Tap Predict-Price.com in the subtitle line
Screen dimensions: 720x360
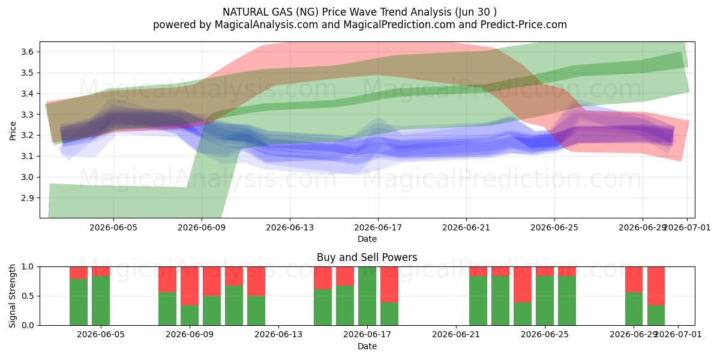pos(524,25)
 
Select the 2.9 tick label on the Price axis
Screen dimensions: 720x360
pos(28,198)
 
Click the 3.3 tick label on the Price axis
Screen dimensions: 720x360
pos(28,115)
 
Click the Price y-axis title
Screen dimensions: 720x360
pos(13,131)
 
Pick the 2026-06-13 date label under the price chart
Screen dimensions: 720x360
pos(290,227)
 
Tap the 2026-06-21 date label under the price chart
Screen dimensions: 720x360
pos(466,227)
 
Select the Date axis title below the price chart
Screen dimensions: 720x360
pos(367,239)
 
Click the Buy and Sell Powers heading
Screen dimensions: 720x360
pos(367,257)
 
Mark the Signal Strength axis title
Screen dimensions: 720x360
pos(13,296)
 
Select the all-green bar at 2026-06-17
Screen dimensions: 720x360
pos(367,296)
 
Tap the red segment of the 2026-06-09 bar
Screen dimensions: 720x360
pos(190,286)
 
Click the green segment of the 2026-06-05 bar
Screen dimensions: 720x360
pos(101,301)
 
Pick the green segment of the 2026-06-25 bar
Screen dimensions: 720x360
pos(545,301)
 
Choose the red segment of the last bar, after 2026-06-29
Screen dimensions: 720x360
pos(656,286)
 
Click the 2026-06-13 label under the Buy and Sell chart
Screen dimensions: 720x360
pos(278,335)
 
